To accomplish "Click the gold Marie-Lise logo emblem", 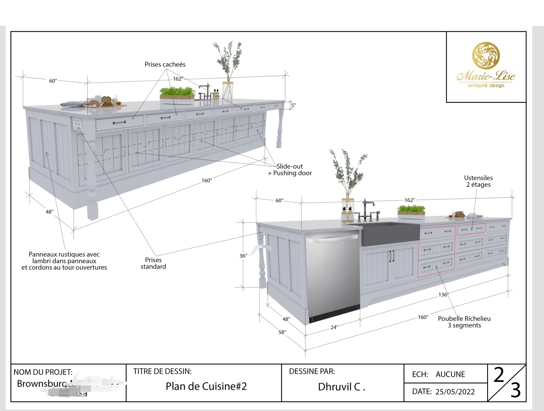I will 486,58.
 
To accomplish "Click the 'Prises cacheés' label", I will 165,65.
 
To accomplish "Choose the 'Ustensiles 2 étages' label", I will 478,181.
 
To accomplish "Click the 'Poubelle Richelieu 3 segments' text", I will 464,322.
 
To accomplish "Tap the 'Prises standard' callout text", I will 153,263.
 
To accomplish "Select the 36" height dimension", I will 243,256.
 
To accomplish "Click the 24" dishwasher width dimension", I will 334,327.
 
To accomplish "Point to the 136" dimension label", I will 443,294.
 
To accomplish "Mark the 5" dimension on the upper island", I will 293,105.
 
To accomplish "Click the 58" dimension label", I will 282,332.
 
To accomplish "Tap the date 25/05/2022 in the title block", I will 455,392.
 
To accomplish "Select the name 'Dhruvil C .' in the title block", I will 342,387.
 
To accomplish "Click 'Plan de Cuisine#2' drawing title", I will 206,386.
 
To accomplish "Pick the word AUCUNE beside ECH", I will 450,374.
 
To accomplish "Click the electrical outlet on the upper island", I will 78,124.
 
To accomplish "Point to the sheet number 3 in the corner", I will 515,391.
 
